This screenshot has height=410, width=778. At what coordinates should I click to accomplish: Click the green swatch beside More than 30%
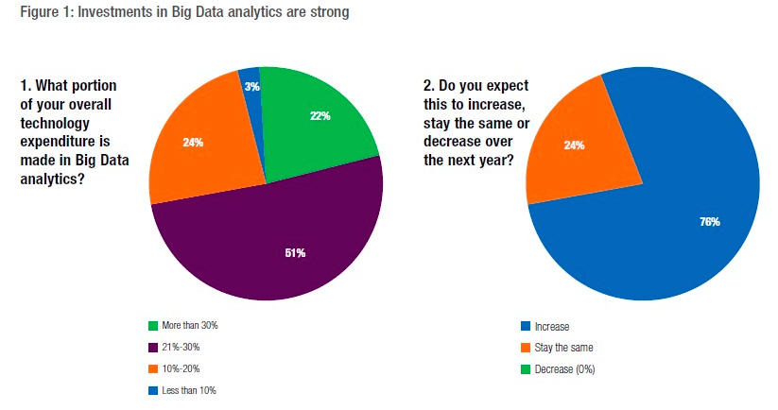click(152, 325)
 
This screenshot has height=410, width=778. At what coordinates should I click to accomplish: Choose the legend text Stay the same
click(562, 348)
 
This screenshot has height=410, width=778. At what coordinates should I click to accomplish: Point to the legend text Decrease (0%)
click(566, 368)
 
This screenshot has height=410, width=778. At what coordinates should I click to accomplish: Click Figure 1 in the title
click(29, 13)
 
